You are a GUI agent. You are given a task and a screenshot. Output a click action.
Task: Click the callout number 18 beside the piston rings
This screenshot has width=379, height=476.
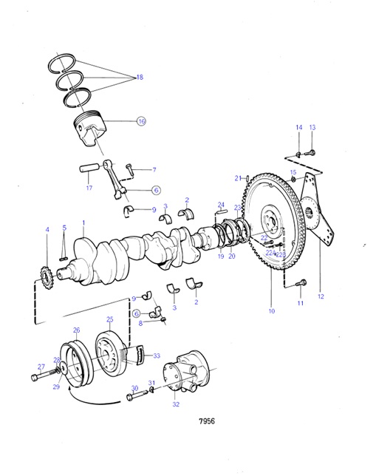tap(138, 78)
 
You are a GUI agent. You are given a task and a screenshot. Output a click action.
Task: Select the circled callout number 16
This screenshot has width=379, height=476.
tap(141, 121)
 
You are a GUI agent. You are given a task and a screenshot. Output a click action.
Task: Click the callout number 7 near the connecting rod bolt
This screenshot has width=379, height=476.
tap(154, 170)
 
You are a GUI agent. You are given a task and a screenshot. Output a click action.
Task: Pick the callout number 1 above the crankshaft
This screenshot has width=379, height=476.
tap(83, 222)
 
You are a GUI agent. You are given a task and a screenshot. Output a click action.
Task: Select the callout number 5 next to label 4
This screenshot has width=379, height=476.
tap(64, 228)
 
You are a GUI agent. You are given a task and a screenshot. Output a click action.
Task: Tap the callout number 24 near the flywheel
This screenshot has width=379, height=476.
tap(221, 205)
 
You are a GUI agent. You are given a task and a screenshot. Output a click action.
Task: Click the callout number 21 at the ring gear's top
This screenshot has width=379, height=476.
tap(238, 178)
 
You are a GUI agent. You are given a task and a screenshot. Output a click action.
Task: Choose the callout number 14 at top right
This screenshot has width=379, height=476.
tap(299, 128)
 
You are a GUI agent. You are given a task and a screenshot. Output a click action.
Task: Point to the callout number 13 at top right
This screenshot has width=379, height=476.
tap(312, 128)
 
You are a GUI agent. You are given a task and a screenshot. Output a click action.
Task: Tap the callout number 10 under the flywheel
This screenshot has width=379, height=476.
tap(271, 311)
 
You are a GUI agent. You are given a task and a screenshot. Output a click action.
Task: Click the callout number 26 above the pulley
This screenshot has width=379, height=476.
tap(76, 330)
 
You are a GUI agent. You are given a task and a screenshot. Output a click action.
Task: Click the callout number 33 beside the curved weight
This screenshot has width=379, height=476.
tap(156, 356)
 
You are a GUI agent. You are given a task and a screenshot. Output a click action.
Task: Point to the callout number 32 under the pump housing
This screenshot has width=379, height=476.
tap(175, 404)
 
